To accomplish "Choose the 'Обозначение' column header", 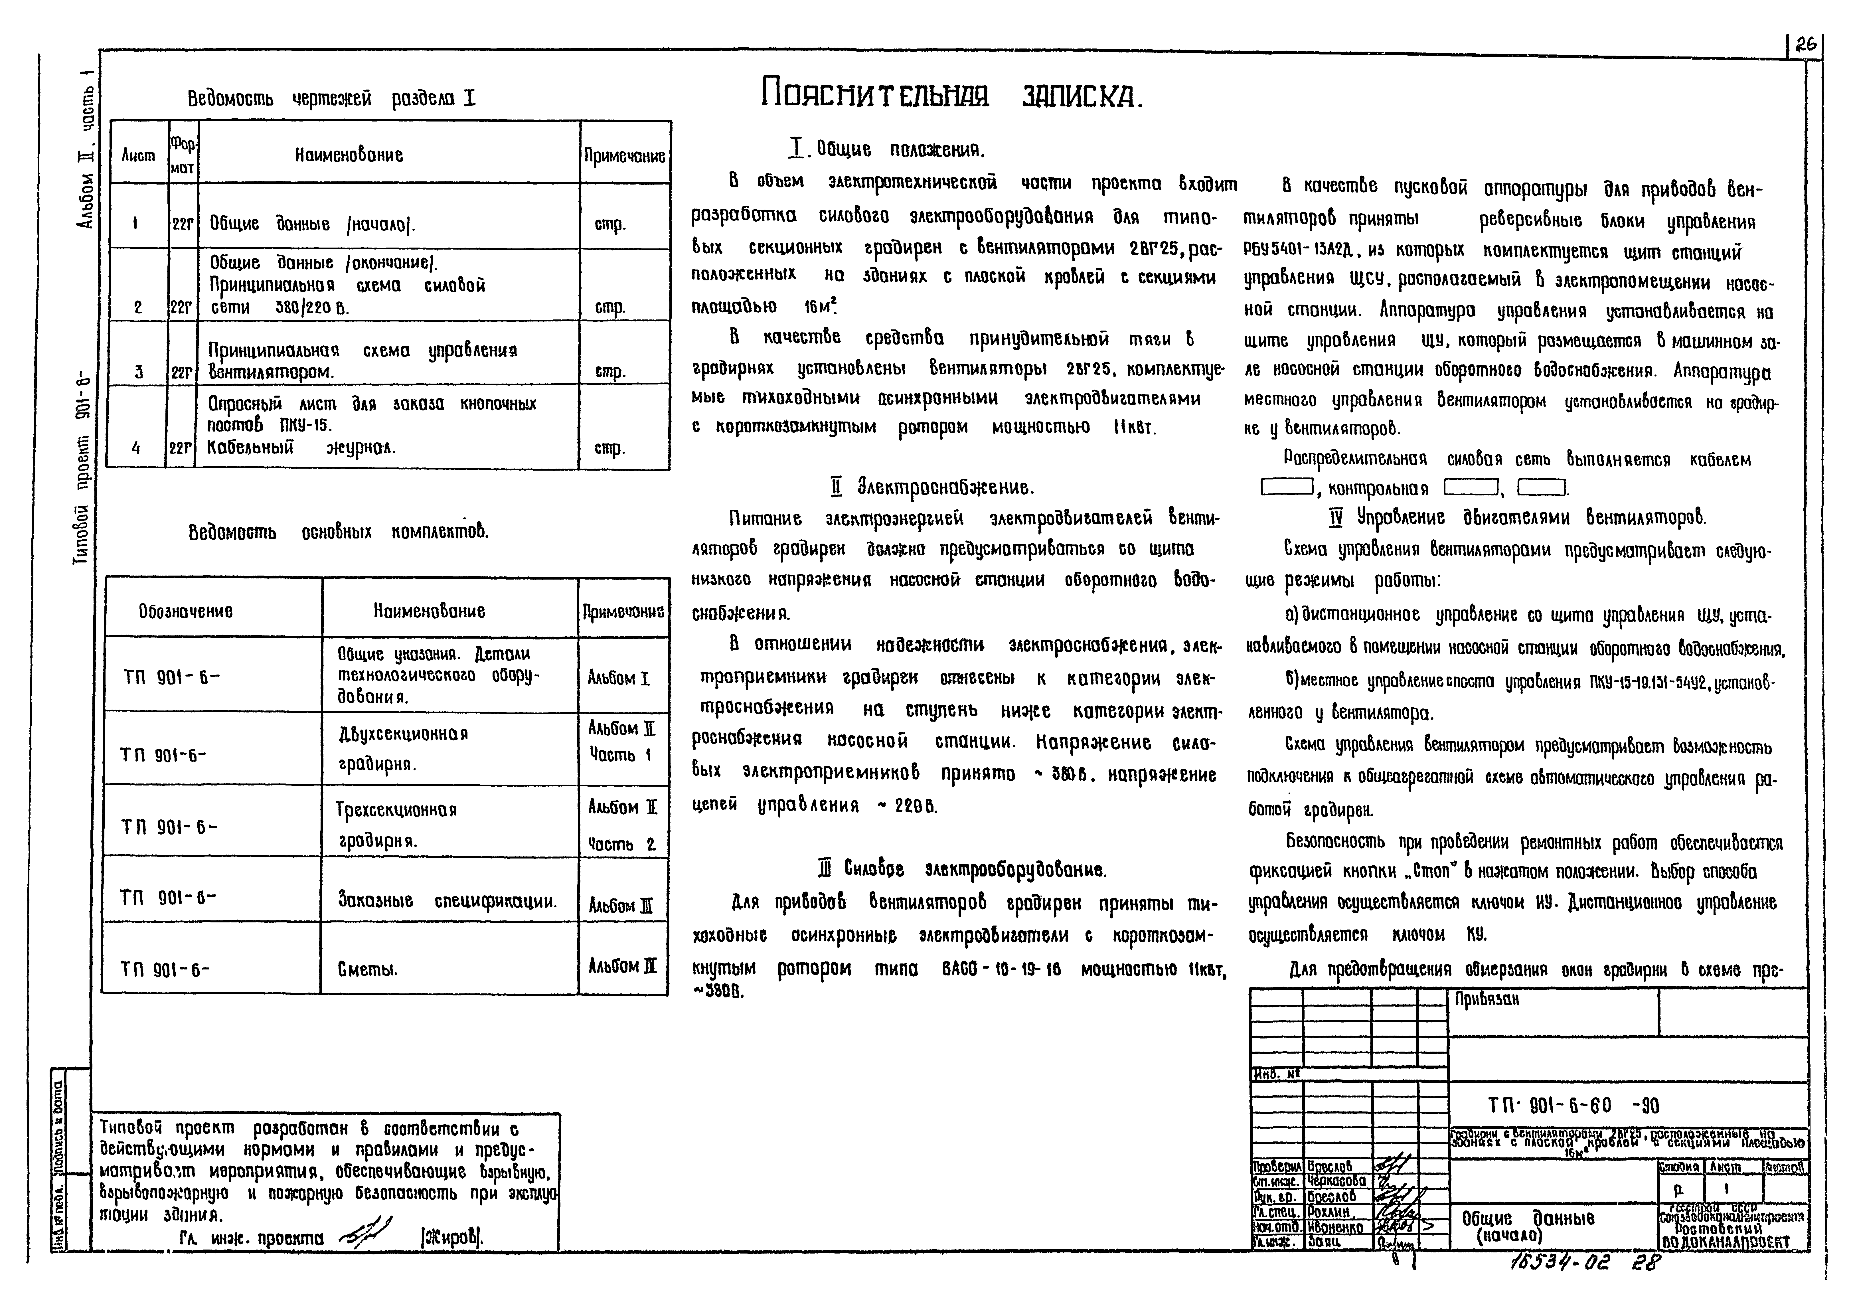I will [185, 611].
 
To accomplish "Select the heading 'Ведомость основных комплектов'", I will [338, 532].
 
